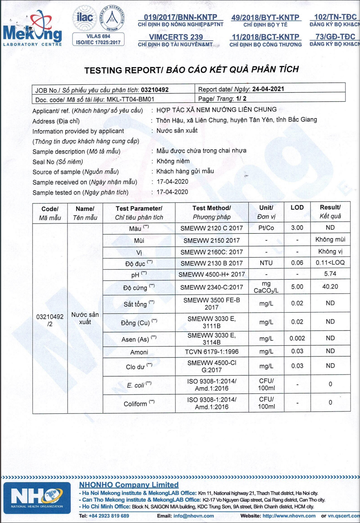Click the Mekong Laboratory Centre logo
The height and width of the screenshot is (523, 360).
click(x=32, y=30)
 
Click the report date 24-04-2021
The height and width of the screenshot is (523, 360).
click(x=268, y=89)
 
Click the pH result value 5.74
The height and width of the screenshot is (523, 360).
click(x=330, y=274)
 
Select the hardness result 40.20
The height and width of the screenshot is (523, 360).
click(x=330, y=287)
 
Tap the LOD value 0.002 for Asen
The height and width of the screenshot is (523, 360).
click(x=297, y=338)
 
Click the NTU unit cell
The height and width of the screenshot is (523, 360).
click(x=266, y=263)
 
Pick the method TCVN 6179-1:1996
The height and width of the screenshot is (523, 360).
click(x=212, y=351)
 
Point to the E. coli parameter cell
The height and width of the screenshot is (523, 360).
click(x=139, y=385)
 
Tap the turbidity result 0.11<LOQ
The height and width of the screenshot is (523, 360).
click(x=330, y=262)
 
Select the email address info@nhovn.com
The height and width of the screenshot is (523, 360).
click(x=189, y=516)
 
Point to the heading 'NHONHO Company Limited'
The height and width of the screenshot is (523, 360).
click(x=129, y=485)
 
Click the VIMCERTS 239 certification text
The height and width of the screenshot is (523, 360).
click(x=176, y=37)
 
